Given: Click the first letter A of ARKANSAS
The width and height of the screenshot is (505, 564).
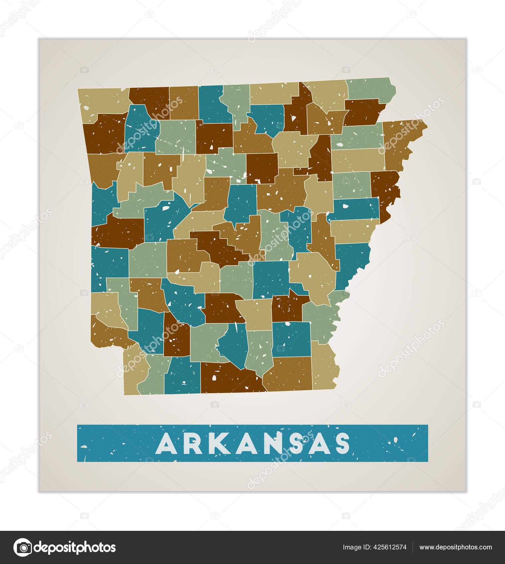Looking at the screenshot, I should pos(166,444).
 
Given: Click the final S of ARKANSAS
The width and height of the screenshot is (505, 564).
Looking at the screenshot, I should pos(342,444).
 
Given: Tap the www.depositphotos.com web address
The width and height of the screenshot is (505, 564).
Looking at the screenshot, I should pos(455,547).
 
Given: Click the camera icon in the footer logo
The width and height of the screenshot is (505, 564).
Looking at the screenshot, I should pos(23,547).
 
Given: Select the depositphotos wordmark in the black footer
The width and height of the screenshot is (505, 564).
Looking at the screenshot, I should pos(75,547).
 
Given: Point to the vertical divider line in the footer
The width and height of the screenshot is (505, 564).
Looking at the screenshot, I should pos(413,547).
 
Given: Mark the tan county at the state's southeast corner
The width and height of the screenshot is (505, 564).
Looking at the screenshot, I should pos(324,368).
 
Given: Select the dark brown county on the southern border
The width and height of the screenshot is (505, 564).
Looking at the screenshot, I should pos(229,378).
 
